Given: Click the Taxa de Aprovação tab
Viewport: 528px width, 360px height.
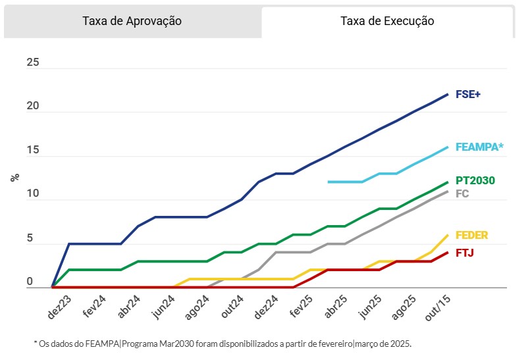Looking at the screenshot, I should click(x=132, y=21).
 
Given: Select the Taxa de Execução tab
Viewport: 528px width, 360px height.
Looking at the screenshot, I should click(x=387, y=21).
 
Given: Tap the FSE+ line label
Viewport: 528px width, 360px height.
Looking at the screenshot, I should click(x=468, y=94).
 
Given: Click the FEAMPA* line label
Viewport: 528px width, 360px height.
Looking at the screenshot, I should click(x=479, y=147).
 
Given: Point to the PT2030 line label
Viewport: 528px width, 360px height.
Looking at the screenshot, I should click(x=475, y=180).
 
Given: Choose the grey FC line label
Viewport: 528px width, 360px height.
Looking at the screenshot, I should click(x=462, y=194).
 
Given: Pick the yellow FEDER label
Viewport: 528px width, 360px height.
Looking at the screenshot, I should click(x=471, y=236).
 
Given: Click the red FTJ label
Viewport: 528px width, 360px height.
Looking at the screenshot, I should click(x=465, y=253).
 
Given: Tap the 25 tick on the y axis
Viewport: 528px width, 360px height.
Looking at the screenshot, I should click(x=33, y=63).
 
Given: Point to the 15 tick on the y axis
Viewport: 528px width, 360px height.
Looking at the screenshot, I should click(x=33, y=151).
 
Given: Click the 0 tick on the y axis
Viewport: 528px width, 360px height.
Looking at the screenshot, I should click(x=30, y=282).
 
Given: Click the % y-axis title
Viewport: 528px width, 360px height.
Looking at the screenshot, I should click(x=14, y=178).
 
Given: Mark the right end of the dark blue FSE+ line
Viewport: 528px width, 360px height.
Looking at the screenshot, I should click(x=448, y=94).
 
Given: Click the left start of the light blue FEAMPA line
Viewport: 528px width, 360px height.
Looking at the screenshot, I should click(x=329, y=182).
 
